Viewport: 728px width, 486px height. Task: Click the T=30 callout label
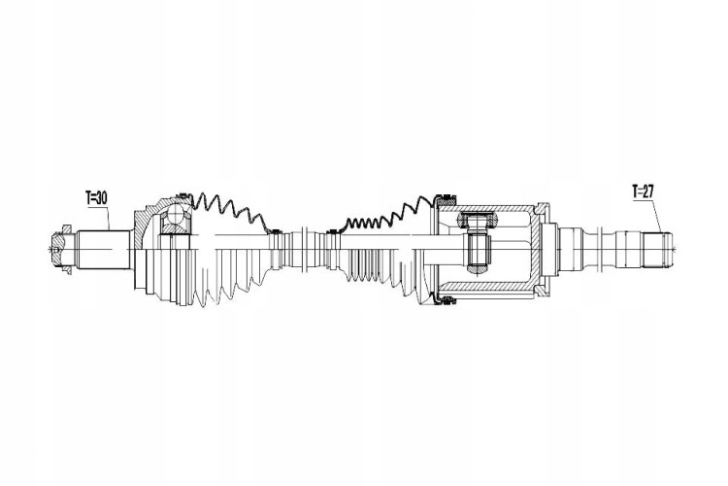click(x=96, y=197)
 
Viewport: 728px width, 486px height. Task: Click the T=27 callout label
click(x=643, y=191)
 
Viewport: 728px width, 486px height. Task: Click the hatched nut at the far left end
click(x=61, y=250)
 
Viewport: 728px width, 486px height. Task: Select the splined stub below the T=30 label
click(x=103, y=250)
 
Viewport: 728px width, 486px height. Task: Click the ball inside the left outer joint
click(x=177, y=215)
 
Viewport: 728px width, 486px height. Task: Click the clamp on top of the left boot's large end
click(x=182, y=195)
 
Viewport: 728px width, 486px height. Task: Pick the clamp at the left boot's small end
click(x=276, y=231)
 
